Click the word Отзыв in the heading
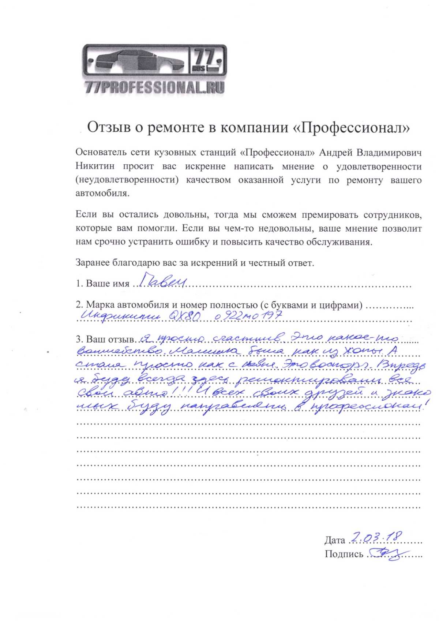tap(106, 127)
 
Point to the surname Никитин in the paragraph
tap(95, 167)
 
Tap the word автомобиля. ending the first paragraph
tap(102, 194)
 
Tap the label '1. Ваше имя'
tap(102, 284)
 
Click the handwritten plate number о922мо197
tap(249, 316)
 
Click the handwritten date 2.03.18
tap(376, 537)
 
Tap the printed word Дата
tap(334, 540)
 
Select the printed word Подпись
tap(344, 554)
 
